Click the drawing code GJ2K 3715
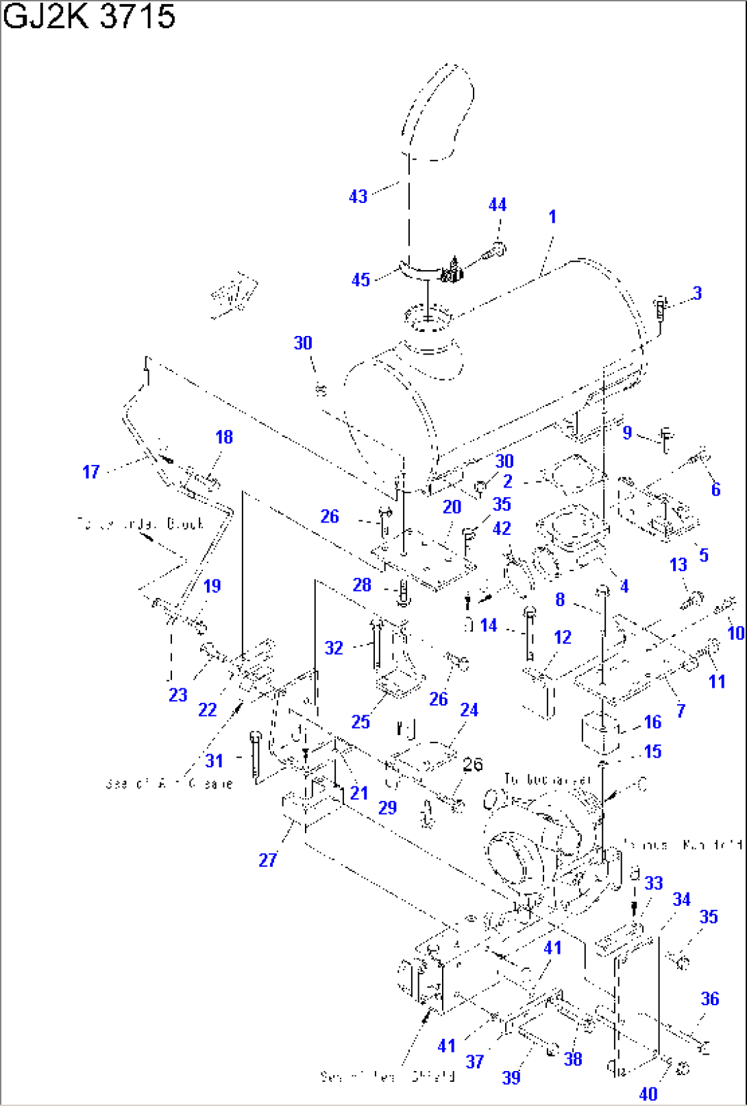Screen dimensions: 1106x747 [89, 16]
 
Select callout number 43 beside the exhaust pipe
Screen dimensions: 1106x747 [358, 197]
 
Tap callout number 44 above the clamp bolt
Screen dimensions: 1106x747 [498, 205]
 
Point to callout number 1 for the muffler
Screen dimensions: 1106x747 [552, 217]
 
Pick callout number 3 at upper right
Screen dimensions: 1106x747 [697, 293]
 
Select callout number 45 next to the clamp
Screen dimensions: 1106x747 [360, 280]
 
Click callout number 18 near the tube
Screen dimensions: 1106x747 [224, 437]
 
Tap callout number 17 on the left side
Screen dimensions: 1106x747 [91, 472]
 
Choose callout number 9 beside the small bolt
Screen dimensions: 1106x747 [627, 433]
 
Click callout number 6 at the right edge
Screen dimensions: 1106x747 [715, 490]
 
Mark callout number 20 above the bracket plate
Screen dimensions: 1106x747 [452, 507]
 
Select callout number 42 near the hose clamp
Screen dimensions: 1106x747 [502, 529]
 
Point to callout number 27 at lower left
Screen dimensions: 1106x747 [268, 860]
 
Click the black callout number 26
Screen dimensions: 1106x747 [473, 765]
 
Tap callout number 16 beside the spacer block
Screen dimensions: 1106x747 [652, 722]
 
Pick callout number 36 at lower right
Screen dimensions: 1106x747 [710, 999]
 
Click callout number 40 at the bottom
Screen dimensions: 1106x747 [648, 1094]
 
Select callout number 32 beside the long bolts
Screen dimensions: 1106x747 [334, 648]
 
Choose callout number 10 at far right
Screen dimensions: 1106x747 [735, 633]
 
